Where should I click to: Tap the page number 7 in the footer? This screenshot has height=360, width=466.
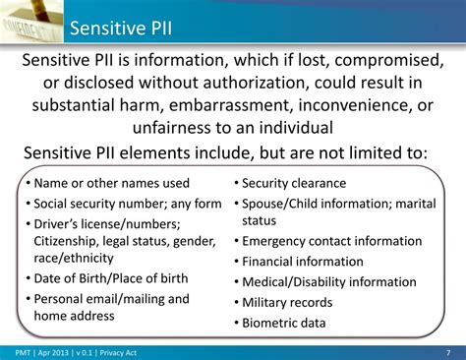point(447,352)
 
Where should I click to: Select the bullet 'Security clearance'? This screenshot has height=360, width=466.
point(294,183)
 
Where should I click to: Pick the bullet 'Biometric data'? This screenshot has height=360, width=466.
point(284,323)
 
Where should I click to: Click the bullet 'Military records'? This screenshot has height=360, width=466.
point(287,302)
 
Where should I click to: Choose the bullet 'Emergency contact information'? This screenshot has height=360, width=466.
point(331,240)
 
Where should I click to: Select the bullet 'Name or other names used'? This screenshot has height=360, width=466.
point(111,183)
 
